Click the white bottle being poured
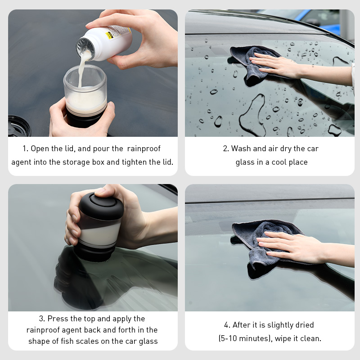[108, 43]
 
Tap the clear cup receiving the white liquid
[86, 90]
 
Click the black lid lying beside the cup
[18, 126]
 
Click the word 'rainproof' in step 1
[144, 148]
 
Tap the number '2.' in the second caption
[226, 148]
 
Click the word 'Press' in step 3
[58, 319]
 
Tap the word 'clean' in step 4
[310, 338]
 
